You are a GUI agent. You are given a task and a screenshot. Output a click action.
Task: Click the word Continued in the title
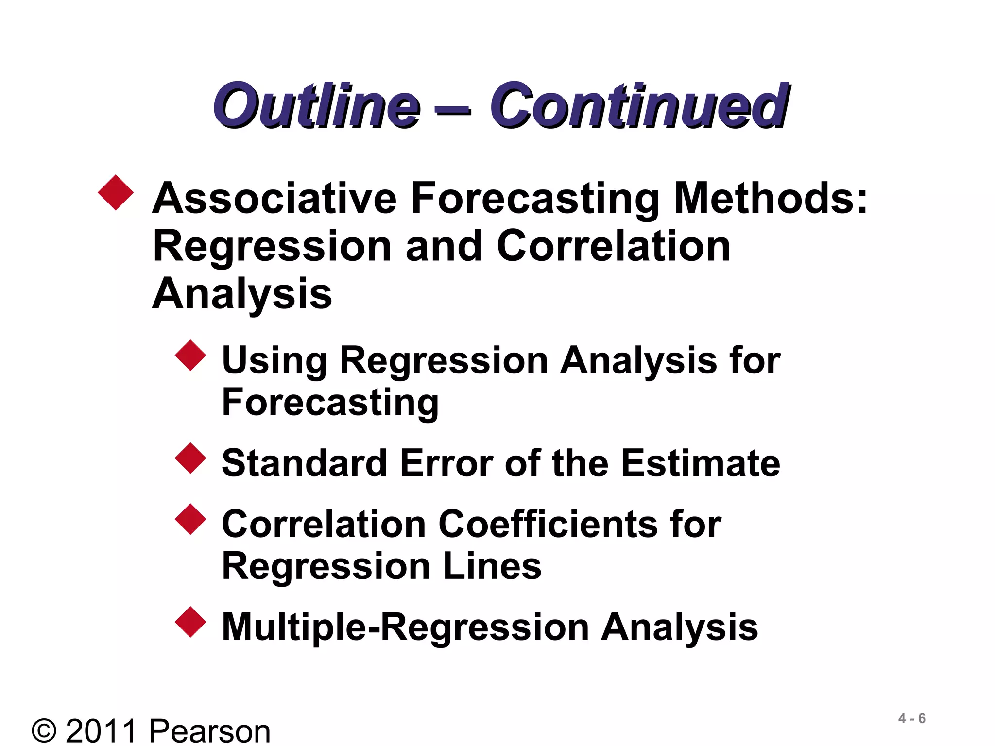pos(639,105)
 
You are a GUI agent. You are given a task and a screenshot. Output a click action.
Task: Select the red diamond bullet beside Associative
pos(116,193)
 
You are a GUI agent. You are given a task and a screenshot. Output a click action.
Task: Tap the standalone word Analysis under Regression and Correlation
pos(242,294)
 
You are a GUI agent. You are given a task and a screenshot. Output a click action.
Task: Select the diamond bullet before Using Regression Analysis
pos(190,356)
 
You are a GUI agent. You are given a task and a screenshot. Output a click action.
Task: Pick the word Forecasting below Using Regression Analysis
pos(330,403)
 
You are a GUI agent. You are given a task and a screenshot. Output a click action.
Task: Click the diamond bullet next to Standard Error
pos(190,458)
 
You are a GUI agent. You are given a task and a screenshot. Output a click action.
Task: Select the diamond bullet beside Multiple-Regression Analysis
pos(190,622)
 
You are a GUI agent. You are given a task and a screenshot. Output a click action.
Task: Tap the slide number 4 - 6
pos(911,718)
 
